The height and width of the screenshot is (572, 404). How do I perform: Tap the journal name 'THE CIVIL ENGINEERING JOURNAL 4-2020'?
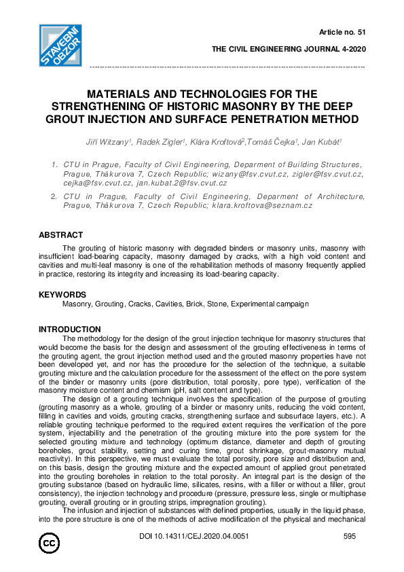289,50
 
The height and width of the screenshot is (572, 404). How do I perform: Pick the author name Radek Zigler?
155,142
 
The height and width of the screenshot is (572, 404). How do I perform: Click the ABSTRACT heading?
61,235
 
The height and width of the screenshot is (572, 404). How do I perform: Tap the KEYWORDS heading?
62,295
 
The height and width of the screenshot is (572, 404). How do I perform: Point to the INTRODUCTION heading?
70,329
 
